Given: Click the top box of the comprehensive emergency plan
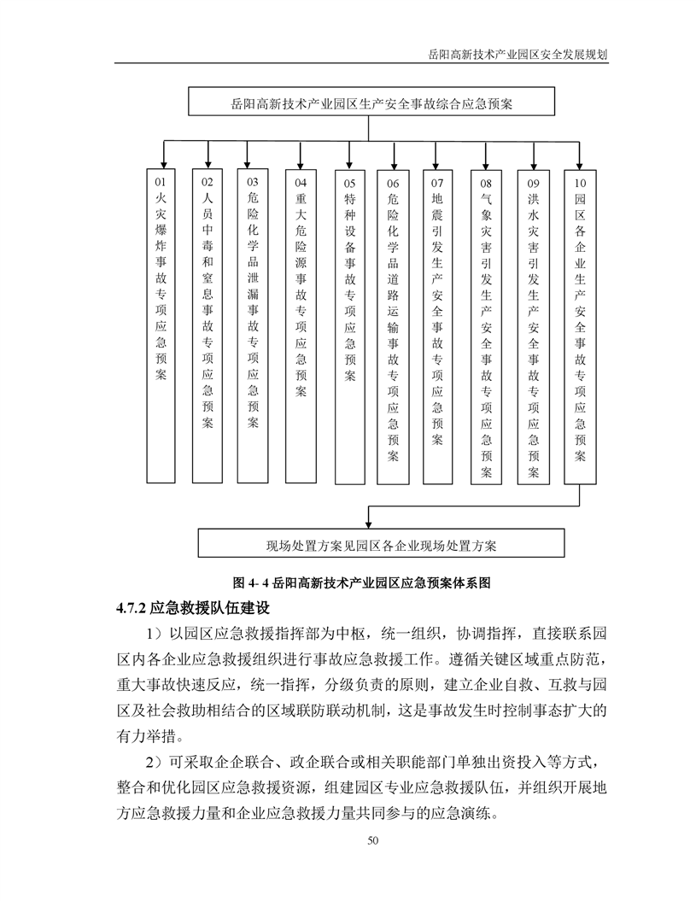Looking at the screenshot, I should pos(371,103).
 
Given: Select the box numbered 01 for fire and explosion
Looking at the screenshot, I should pos(161,325).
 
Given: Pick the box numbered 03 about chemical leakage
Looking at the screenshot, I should pos(253,325).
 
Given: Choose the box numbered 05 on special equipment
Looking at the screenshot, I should pos(349,325).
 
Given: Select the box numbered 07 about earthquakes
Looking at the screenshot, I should pos(437,325).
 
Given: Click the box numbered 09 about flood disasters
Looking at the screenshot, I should pos(533,325).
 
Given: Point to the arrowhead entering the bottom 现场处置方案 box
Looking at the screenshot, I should pos(369,524).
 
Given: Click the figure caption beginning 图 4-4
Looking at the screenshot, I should pos(362,583).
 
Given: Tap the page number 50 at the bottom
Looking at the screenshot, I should pos(372,841).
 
